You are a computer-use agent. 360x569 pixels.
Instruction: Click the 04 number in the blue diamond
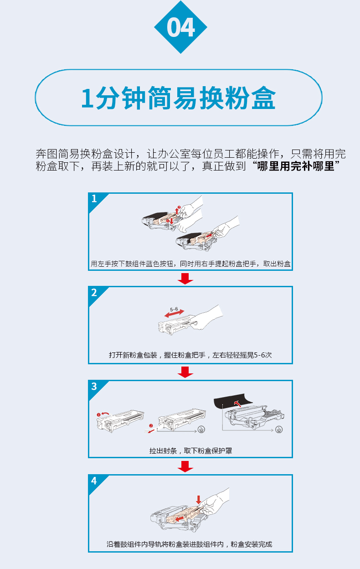tap(181, 27)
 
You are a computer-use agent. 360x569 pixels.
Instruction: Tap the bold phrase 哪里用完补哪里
tap(296, 166)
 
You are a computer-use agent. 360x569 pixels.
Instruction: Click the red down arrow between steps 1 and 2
tap(185, 279)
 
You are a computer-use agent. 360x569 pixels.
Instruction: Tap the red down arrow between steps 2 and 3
tap(185, 372)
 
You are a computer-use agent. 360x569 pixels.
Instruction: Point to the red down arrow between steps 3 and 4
tap(185, 466)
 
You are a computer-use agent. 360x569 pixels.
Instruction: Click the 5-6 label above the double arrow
tap(174, 310)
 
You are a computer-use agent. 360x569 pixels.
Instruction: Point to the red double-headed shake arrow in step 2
tap(174, 314)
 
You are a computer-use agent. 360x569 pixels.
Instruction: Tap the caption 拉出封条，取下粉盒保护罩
tap(190, 451)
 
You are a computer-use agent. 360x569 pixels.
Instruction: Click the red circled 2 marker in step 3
tap(151, 425)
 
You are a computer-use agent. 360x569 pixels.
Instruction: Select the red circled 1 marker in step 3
tap(98, 415)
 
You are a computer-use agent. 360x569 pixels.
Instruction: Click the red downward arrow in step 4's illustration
tap(199, 500)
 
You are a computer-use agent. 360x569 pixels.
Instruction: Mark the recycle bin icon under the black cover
tap(279, 429)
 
